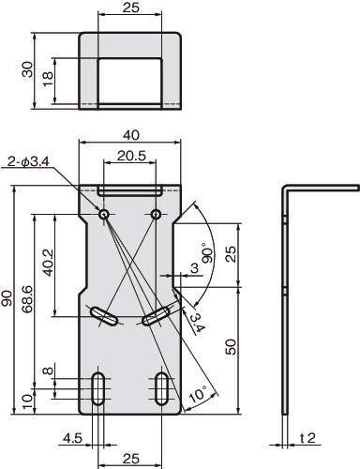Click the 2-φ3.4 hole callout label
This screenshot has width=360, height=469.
coord(27,162)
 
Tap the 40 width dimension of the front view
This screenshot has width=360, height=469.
coord(131,135)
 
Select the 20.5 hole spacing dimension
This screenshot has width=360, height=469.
coord(131,156)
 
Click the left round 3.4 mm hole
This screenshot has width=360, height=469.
coord(104,214)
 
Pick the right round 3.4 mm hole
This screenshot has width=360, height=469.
coord(156,214)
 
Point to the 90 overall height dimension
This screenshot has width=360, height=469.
coord(7,298)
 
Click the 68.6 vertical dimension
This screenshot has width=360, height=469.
coord(27,300)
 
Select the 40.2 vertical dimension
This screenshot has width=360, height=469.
coord(49,263)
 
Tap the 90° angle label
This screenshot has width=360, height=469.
coord(208,252)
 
